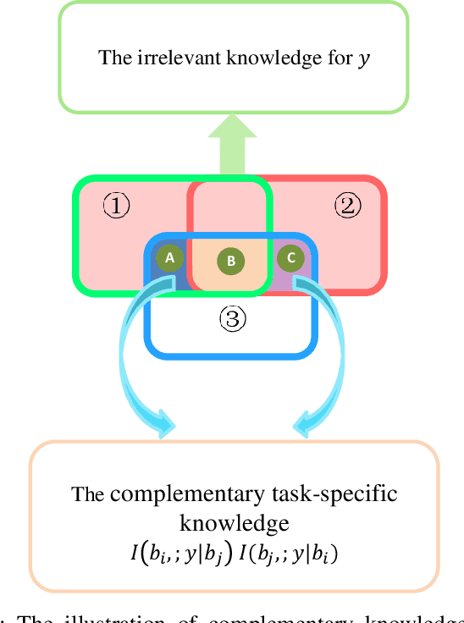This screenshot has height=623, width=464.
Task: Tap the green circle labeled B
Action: pos(230,262)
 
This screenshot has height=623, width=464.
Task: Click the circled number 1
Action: pos(116,205)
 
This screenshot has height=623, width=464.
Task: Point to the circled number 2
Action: pos(346,204)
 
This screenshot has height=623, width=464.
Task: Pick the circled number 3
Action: pos(233,318)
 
